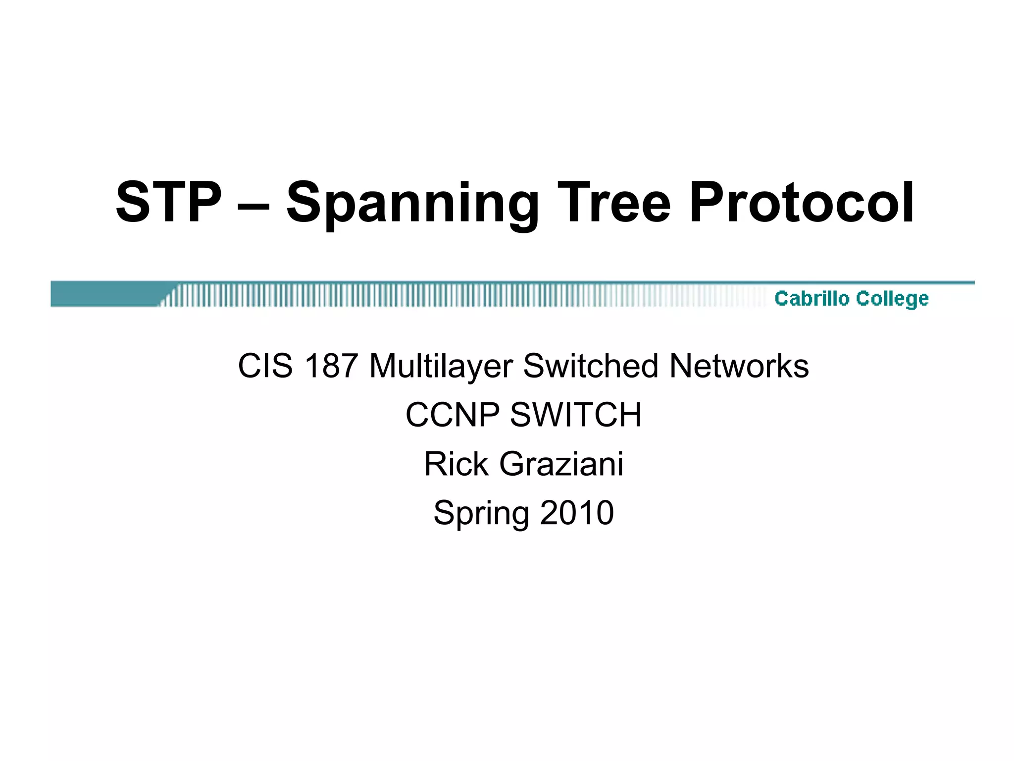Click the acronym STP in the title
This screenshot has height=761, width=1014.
[168, 202]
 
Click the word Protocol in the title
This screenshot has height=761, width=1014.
[801, 202]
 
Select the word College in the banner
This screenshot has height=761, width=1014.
[892, 299]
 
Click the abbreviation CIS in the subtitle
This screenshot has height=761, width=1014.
[265, 366]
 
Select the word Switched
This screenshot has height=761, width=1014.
[590, 366]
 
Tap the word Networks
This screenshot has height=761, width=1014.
[739, 366]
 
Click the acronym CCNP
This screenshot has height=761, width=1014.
[453, 415]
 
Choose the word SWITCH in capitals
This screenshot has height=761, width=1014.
[575, 415]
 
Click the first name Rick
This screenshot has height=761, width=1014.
[456, 464]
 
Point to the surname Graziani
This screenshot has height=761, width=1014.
[561, 464]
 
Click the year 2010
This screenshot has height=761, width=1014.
[577, 512]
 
